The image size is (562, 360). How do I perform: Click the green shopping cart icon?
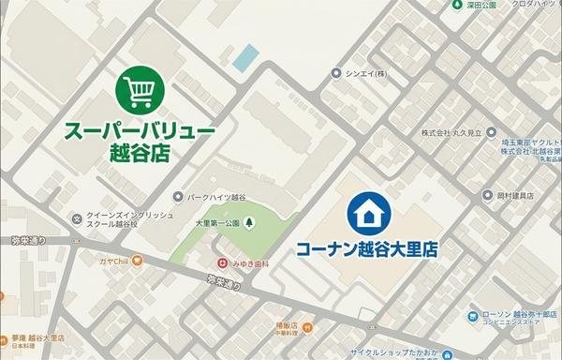[140, 90]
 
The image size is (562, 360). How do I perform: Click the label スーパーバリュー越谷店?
[140, 141]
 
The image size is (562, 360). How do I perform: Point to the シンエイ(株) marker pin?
[336, 72]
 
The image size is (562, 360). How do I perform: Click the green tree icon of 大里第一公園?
[248, 223]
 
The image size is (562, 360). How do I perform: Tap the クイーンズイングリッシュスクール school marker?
[77, 218]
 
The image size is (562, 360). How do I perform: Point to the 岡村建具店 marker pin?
[487, 195]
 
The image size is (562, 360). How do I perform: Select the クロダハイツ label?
[531, 4]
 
